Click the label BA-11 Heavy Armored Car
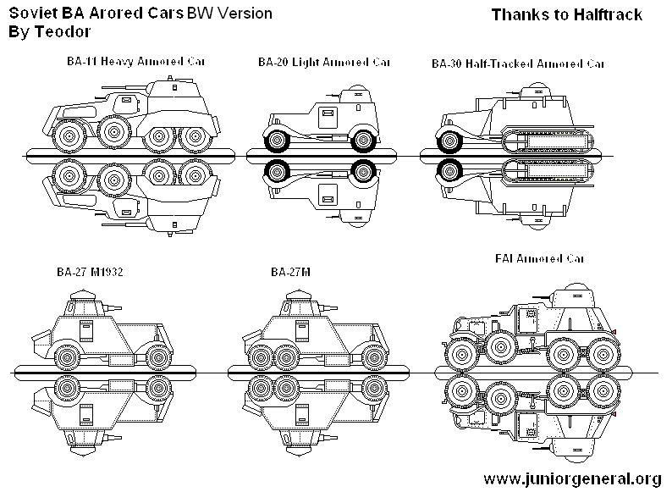tap(136, 62)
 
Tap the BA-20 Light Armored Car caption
tap(325, 62)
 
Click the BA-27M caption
tap(291, 273)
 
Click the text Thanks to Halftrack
tap(566, 14)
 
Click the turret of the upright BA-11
tap(174, 90)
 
